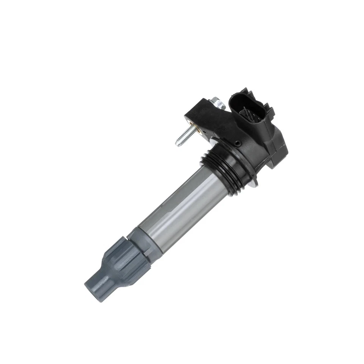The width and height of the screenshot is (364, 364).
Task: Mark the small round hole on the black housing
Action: [x=237, y=144]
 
